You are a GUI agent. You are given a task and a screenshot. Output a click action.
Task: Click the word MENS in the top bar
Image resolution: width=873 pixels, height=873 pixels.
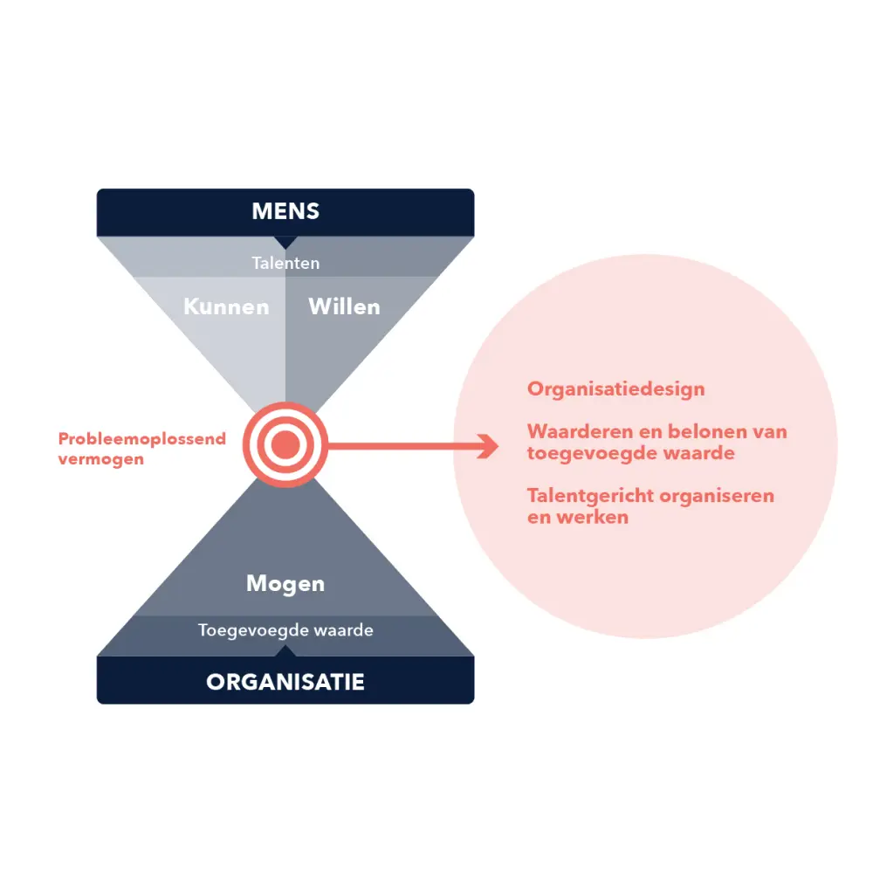(285, 211)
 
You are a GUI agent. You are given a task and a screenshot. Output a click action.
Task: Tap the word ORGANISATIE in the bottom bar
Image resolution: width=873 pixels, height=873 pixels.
(285, 682)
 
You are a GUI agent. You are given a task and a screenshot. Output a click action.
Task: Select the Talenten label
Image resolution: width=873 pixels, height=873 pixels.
(285, 262)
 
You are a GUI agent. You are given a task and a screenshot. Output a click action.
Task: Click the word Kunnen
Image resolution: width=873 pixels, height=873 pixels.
(226, 306)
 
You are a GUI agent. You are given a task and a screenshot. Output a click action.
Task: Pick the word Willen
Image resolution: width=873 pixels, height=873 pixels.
(344, 306)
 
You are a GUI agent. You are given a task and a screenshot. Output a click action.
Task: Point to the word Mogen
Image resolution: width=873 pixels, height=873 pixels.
(285, 583)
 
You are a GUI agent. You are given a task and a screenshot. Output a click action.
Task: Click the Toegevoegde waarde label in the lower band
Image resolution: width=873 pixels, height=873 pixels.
(285, 629)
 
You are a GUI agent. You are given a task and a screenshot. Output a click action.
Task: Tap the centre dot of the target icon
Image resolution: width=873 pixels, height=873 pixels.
(285, 446)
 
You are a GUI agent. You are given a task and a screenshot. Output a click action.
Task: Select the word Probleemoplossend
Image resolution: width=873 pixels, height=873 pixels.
(141, 438)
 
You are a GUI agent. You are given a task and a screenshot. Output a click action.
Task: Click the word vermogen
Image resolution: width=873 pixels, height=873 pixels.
(100, 458)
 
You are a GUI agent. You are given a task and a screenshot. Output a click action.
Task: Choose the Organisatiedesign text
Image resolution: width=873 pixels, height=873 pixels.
(615, 388)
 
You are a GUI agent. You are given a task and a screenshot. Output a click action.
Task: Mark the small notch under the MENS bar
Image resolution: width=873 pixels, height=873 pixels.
(285, 242)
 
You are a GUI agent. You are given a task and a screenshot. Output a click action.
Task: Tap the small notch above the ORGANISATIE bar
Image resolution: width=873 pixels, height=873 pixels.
(285, 651)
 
